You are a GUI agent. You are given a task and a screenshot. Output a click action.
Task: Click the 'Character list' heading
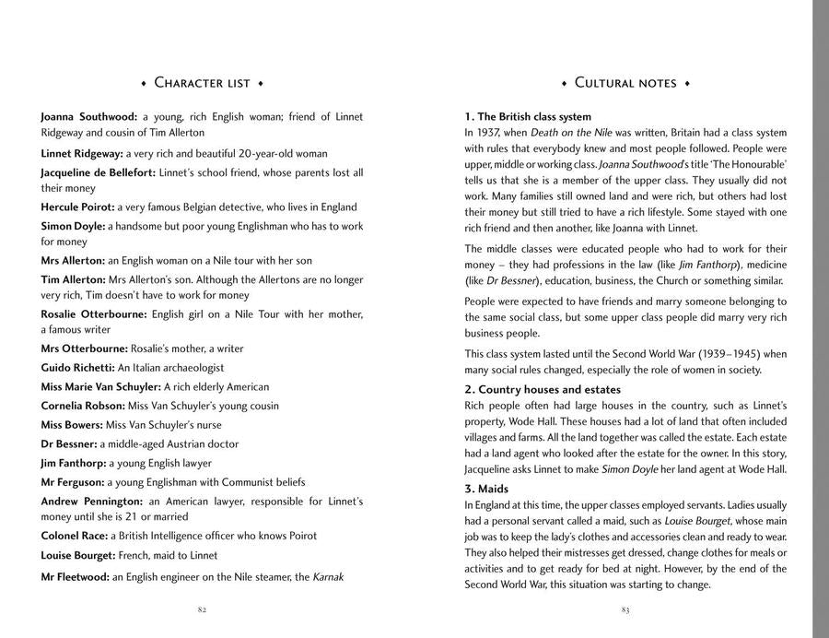pos(202,83)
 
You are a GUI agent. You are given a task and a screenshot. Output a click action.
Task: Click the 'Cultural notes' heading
pos(625,83)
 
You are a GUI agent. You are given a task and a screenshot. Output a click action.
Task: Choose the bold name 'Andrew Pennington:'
pos(91,501)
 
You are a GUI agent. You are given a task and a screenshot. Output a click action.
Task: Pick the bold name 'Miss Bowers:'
pos(73,424)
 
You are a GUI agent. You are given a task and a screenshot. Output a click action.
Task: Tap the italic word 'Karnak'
pos(329,577)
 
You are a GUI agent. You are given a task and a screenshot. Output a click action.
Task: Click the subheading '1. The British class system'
pos(528,117)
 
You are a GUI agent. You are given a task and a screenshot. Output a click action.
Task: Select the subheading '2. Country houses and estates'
pos(543,389)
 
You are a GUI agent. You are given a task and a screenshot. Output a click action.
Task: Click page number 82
pos(202,609)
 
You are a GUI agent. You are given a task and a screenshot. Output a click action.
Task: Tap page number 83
pos(625,609)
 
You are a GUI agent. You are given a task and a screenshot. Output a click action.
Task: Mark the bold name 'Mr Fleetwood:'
pos(76,577)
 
